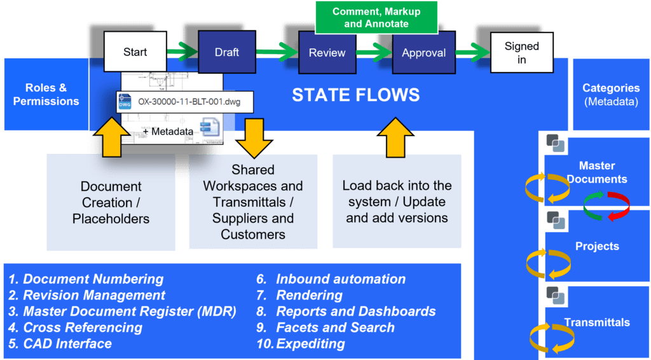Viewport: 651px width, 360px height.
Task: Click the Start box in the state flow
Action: (135, 52)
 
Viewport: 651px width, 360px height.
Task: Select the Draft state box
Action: (227, 52)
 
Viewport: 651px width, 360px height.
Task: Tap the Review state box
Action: (327, 53)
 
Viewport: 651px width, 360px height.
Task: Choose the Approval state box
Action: (423, 53)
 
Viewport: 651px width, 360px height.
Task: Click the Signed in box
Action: (521, 53)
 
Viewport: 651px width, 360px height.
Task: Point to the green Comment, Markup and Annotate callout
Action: (376, 18)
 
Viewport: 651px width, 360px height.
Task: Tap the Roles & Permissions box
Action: (46, 95)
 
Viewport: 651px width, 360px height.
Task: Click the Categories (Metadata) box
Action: (611, 95)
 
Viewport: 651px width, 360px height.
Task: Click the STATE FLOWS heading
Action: (355, 95)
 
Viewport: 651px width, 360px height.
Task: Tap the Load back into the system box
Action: (397, 202)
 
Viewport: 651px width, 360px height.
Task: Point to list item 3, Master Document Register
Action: (122, 312)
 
